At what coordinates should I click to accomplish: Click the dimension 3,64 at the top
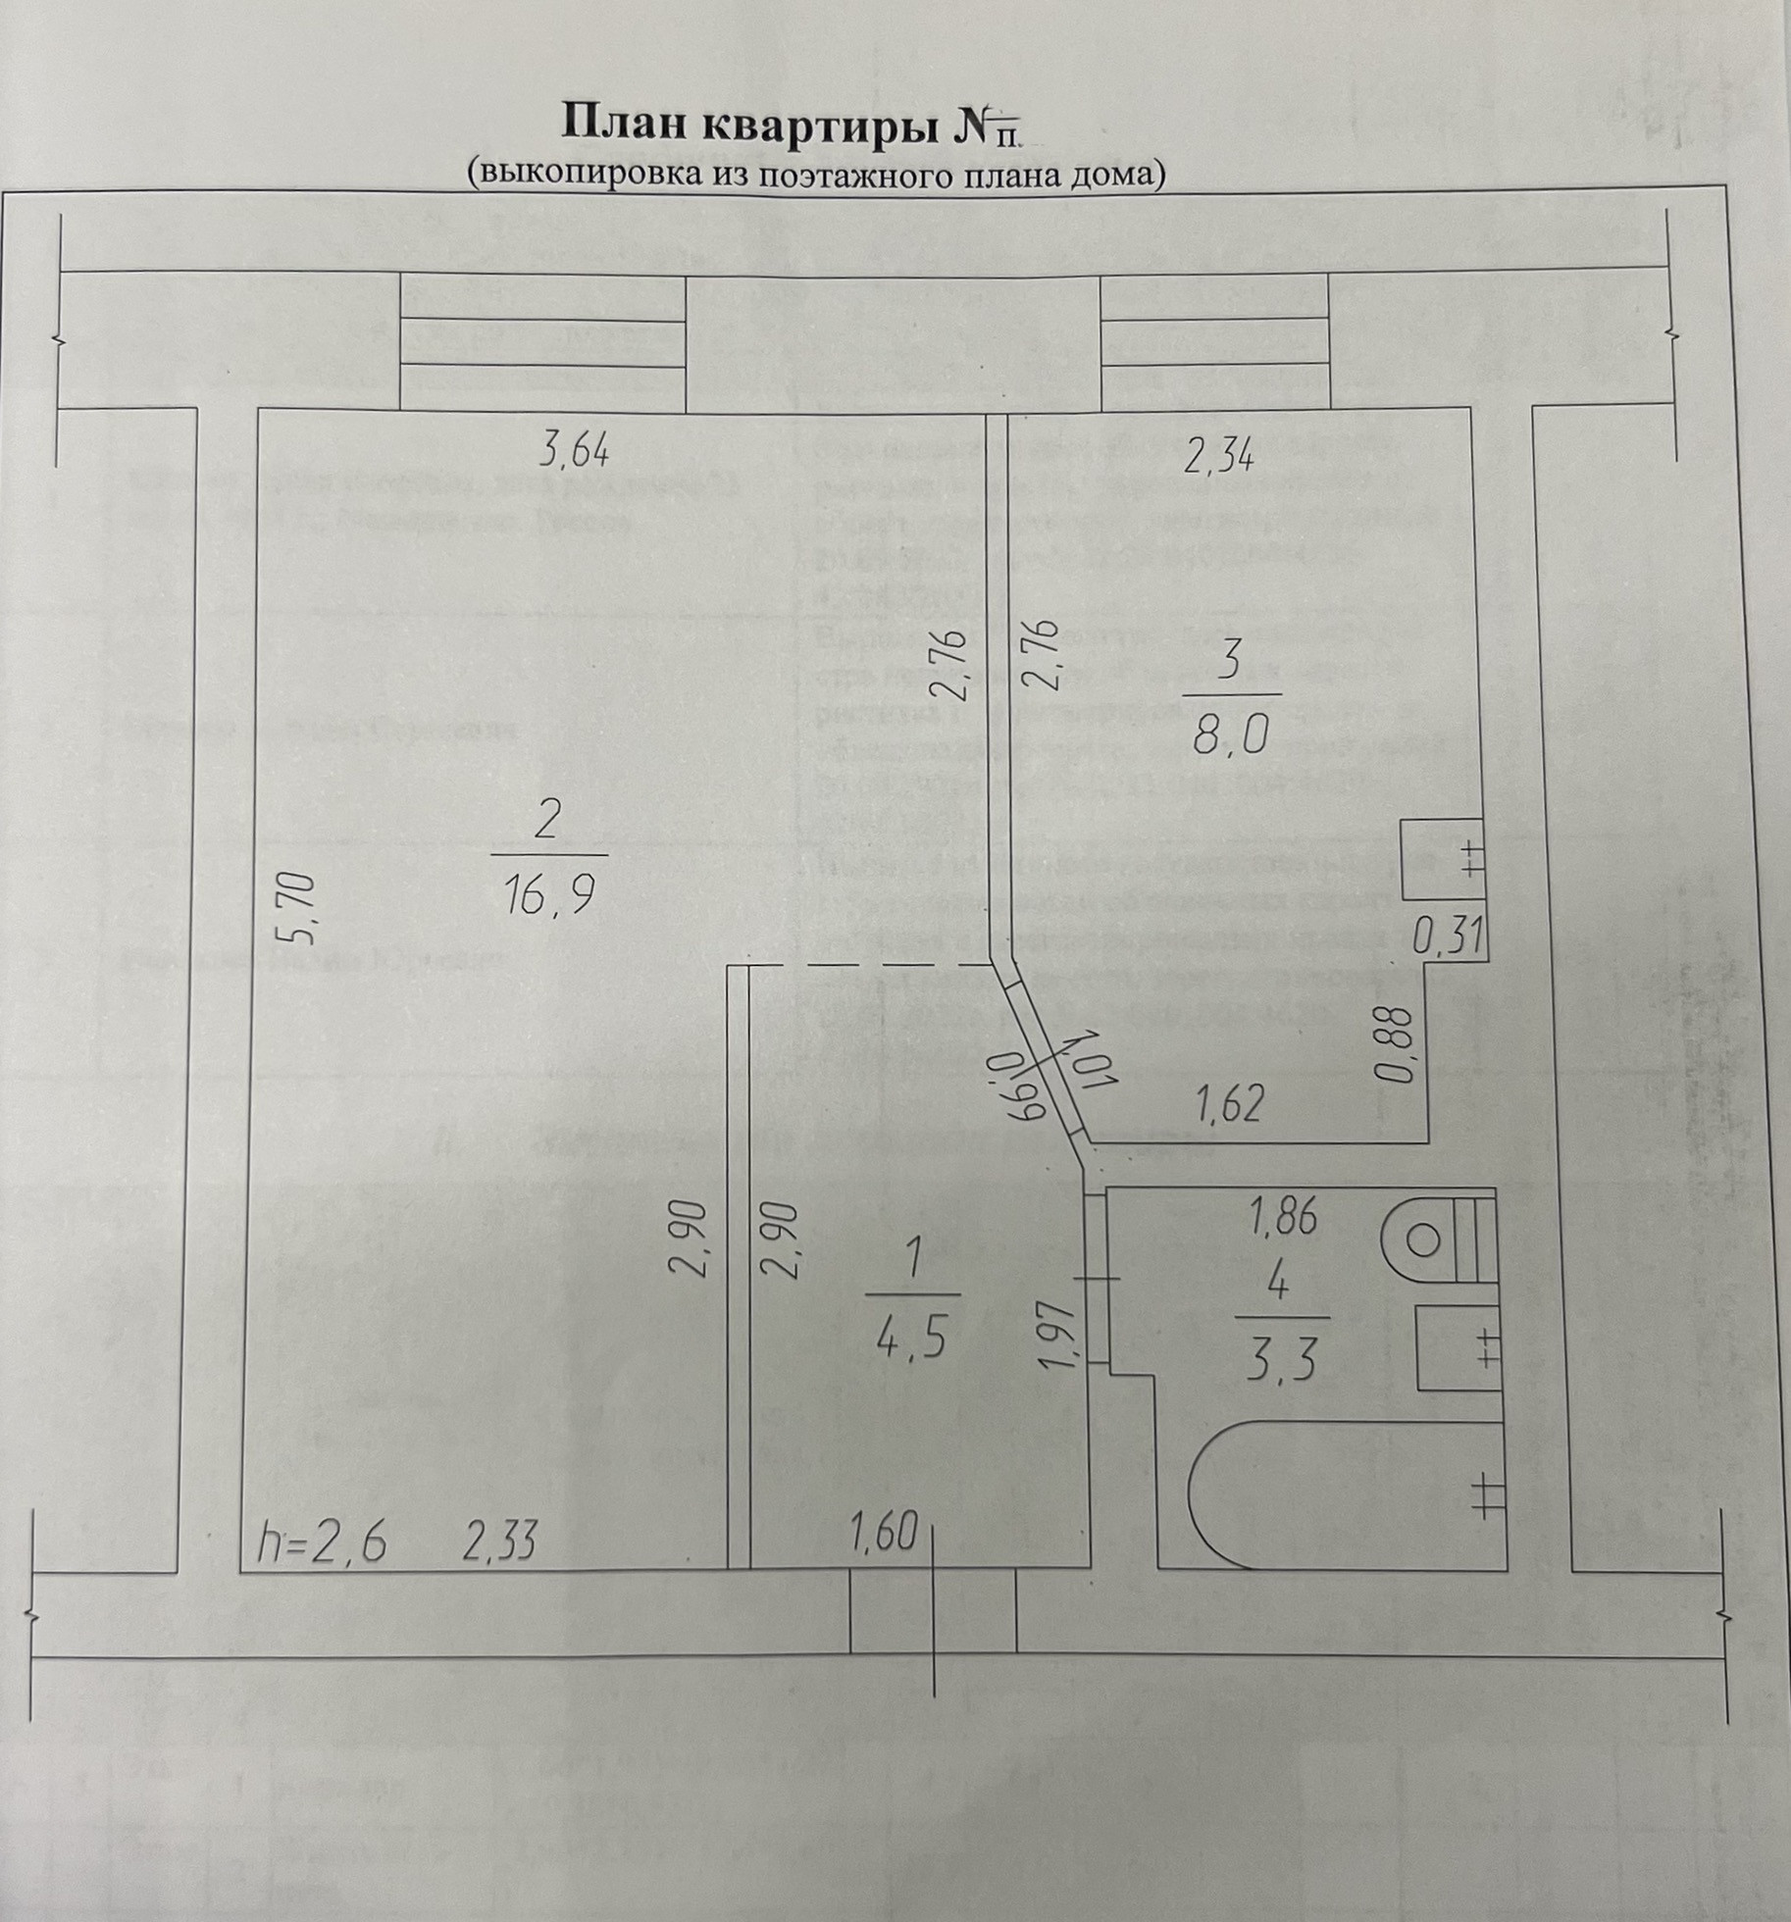575,452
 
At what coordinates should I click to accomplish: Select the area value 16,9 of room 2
550,894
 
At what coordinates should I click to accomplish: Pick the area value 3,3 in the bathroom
1281,1362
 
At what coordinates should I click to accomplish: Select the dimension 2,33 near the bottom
499,1543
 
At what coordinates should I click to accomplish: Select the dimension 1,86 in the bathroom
1281,1219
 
